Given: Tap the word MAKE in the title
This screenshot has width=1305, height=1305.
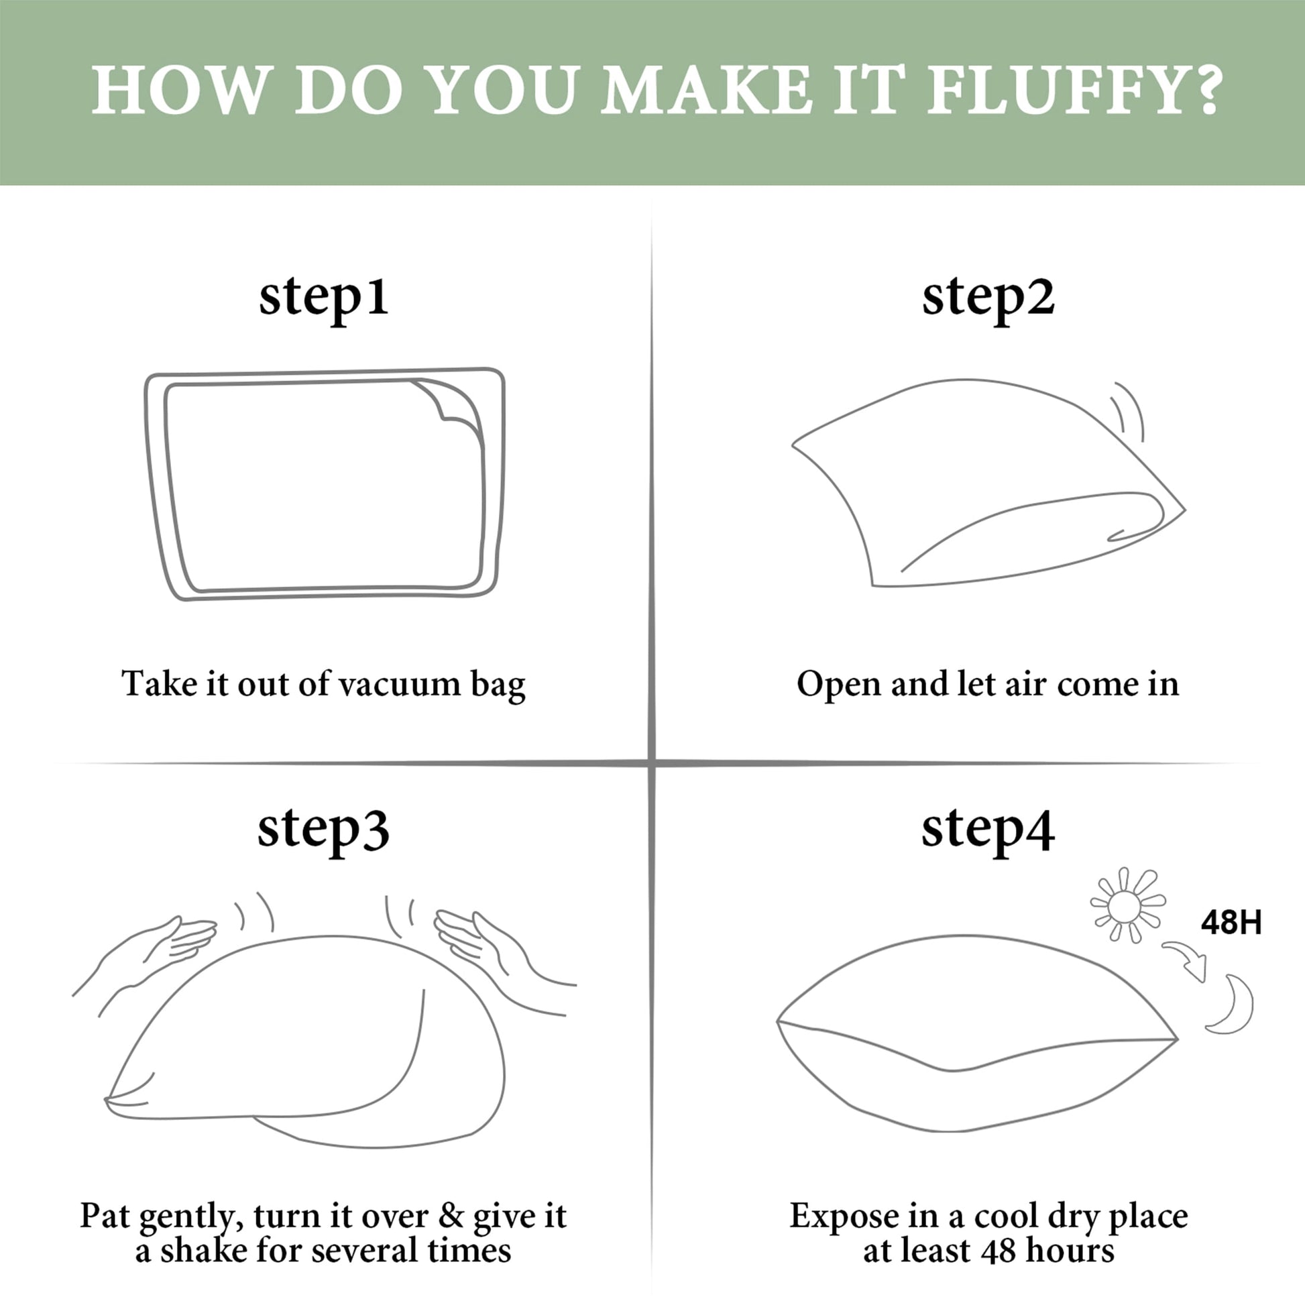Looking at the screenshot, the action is [x=706, y=90].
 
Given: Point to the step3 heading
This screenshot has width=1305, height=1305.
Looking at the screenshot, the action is [x=323, y=830].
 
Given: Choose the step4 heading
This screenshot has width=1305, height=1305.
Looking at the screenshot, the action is [x=988, y=830].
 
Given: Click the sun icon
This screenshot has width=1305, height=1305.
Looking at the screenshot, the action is [x=1129, y=905].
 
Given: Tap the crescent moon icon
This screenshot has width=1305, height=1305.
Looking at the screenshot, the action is [x=1231, y=1005].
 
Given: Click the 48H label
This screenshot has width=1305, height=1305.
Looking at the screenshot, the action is [x=1231, y=922].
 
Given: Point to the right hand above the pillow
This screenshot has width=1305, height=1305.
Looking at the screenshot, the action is [x=503, y=960].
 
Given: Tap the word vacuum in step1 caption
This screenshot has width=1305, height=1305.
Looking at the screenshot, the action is [x=399, y=683].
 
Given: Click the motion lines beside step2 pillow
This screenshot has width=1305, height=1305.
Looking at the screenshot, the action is [x=1128, y=411].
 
